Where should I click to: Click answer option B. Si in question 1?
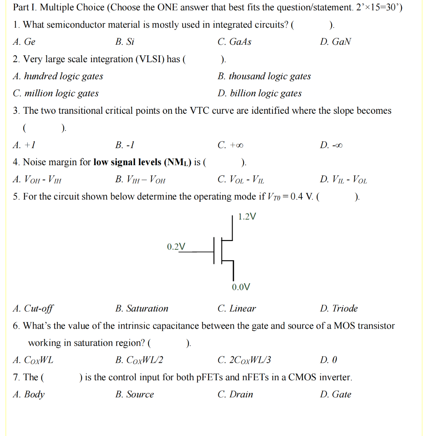(x=125, y=42)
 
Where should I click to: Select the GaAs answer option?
(x=234, y=42)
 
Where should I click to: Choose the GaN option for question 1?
(x=335, y=42)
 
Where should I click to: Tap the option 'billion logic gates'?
(x=259, y=93)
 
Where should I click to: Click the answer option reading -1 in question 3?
(x=125, y=145)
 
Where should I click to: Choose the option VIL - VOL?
(x=343, y=180)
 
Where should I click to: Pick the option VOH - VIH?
(x=37, y=180)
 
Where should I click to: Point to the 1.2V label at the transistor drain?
(x=247, y=217)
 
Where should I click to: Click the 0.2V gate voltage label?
(x=176, y=247)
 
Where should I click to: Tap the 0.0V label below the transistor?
(x=241, y=287)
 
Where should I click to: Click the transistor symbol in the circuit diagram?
(x=223, y=251)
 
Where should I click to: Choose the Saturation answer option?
(x=142, y=308)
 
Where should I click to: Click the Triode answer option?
(x=339, y=308)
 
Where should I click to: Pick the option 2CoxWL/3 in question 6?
(x=244, y=360)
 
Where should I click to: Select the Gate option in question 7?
(x=335, y=394)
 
